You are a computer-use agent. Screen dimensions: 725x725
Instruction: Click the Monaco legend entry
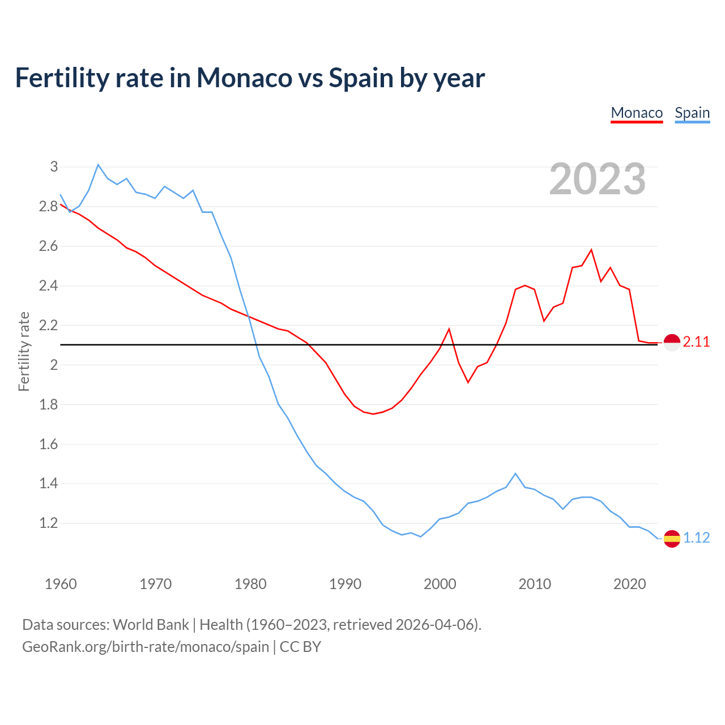[x=637, y=113]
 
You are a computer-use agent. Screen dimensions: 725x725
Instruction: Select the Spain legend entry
[x=692, y=113]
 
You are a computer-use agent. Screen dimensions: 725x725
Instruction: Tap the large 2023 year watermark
[x=598, y=179]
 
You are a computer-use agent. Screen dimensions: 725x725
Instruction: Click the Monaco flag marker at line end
[x=672, y=343]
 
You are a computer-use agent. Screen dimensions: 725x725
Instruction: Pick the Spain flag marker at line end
[x=672, y=539]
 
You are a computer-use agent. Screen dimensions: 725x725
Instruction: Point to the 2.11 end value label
[x=696, y=342]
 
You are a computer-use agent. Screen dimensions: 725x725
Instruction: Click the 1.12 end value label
[x=696, y=538]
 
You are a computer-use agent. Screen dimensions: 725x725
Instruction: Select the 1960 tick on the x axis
[x=61, y=584]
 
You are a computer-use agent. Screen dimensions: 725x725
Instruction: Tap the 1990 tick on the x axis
[x=345, y=584]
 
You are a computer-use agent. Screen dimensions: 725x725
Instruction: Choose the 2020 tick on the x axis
[x=629, y=584]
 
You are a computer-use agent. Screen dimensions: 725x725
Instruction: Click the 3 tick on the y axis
[x=54, y=167]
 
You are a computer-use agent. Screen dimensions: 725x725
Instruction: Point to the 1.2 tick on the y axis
[x=49, y=523]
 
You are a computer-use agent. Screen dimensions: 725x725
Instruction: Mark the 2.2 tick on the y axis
[x=49, y=325]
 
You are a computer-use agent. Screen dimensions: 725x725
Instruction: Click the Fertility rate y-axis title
[x=24, y=351]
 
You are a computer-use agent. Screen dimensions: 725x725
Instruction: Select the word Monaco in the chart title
[x=244, y=78]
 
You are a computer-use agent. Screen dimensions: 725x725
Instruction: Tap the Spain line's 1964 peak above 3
[x=98, y=165]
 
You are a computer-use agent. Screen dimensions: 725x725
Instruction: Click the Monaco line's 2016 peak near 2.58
[x=591, y=250]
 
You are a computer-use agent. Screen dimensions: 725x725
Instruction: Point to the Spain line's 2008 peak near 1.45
[x=515, y=474]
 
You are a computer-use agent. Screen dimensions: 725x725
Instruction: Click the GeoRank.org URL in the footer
[x=146, y=647]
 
